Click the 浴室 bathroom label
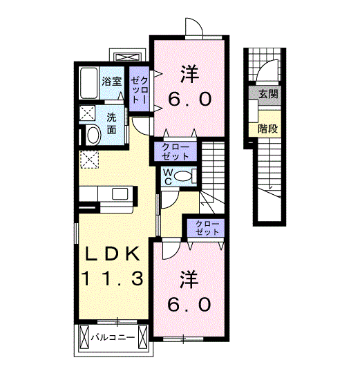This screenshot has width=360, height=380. coord(111,82)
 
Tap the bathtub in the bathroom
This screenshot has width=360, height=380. coord(88,83)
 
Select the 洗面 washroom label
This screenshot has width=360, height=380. coord(111,124)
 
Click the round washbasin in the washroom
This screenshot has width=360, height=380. coord(93,135)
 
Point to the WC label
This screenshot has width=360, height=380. coord(168,177)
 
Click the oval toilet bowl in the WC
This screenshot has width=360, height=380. coord(183,176)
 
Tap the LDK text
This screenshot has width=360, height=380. coord(112,254)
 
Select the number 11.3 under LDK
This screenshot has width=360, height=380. coord(112,278)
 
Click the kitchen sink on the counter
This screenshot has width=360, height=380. coord(120,194)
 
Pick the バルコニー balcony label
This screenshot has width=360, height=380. coord(113,337)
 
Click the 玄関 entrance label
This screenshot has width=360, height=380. coord(268,94)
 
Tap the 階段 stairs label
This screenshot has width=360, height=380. coord(267,129)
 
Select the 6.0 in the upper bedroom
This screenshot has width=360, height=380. coord(189,99)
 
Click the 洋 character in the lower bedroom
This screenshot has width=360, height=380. coord(189,280)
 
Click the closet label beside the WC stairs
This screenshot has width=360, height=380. coord(176,152)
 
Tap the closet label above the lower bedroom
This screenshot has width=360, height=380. coord(207,228)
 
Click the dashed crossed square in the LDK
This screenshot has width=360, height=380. coord(89,159)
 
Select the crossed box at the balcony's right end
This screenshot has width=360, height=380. coord(142,337)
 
